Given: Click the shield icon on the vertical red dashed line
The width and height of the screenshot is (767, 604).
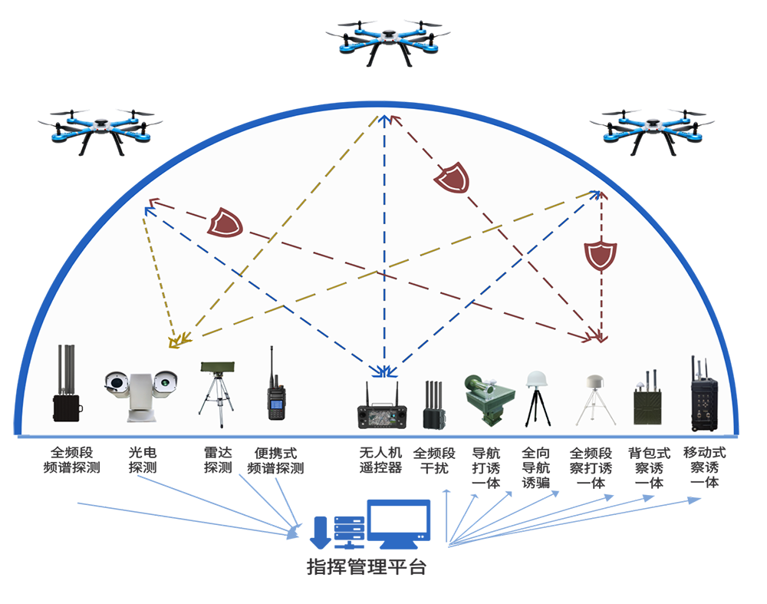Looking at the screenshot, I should coord(600,255).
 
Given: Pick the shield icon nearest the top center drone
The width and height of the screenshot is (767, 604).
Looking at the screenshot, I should coord(451,179).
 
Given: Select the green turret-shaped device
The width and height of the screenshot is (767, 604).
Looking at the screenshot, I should coord(485,399).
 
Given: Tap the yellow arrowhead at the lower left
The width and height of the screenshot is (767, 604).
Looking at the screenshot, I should coord(176,342).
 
